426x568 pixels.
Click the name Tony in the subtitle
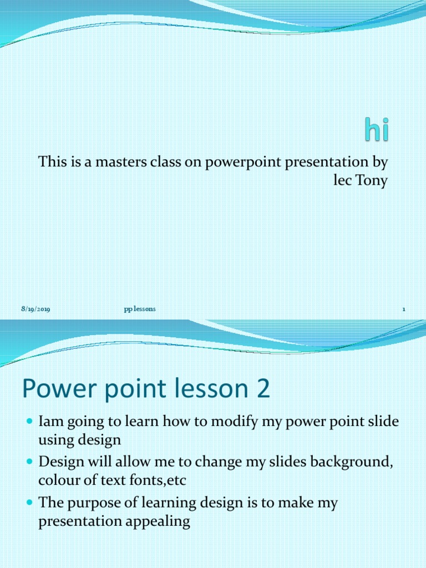point(372,181)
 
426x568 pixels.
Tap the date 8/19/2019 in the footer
point(35,310)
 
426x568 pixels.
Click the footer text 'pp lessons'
point(140,309)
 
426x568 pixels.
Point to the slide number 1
point(404,310)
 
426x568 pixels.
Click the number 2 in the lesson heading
point(263,389)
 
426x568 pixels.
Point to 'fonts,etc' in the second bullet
point(159,480)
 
